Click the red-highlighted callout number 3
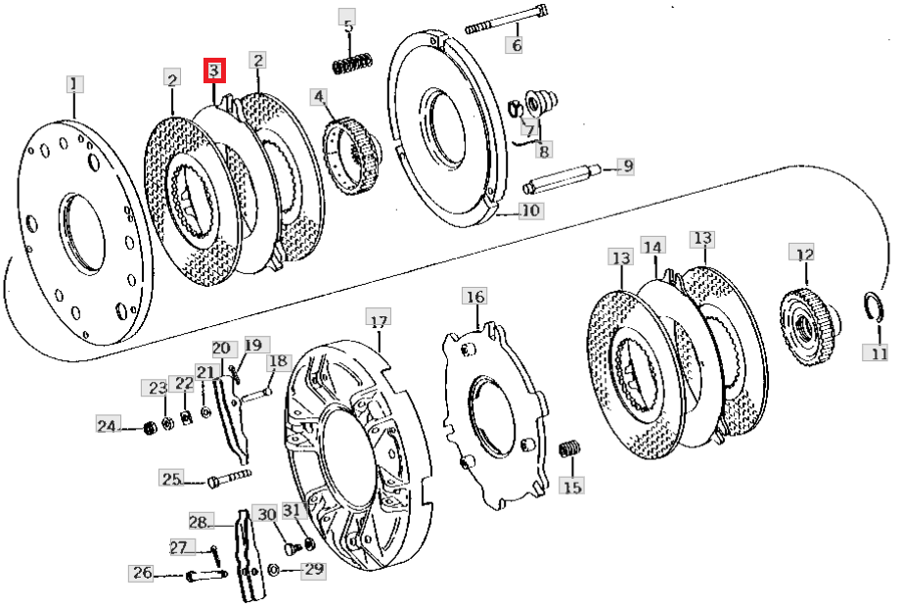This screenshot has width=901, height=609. coord(214,70)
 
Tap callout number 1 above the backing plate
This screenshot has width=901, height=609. coord(74,84)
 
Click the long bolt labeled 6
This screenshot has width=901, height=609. coord(506,19)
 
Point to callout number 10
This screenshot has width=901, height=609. coord(530,210)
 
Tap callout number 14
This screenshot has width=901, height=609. coord(653,247)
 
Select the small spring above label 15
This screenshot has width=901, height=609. coord(571,448)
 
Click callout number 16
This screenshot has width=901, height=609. coord(475,297)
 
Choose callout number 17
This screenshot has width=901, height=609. coord(379,319)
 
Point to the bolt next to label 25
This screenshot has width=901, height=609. coord(229,479)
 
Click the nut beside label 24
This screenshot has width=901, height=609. coord(150,428)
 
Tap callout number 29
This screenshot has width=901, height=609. coord(314,569)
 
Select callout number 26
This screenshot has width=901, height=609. coord(143,573)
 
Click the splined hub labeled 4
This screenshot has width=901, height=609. coord(350,157)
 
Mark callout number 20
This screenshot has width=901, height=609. coord(221,349)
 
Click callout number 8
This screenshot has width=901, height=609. coord(544,150)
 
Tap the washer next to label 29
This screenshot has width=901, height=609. coord(274,570)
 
